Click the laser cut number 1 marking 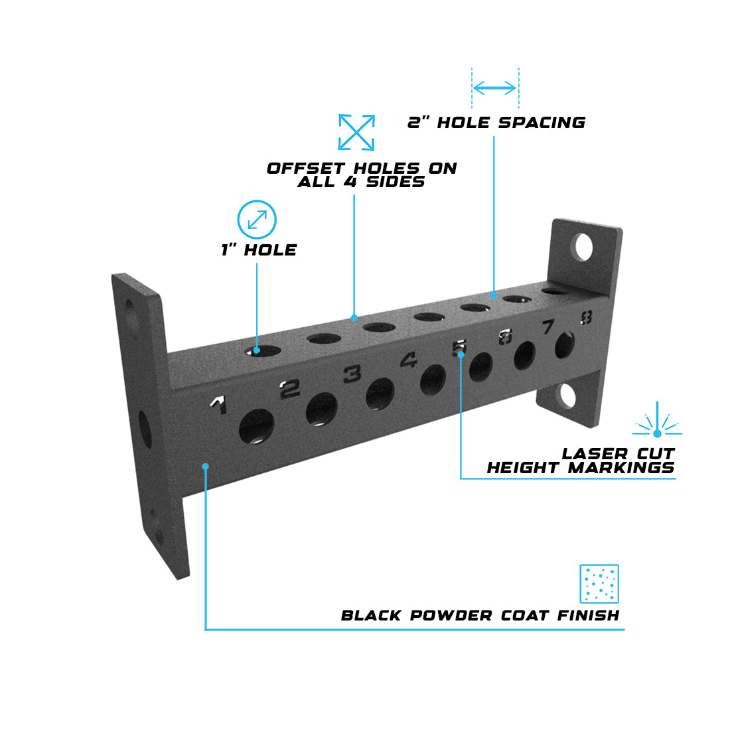[219, 404]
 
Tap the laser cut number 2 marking [289, 389]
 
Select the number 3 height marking [352, 374]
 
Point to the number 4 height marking [409, 360]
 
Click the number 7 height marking [548, 327]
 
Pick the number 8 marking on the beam [586, 317]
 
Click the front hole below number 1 [257, 426]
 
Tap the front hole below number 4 [433, 380]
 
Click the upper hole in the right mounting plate [583, 248]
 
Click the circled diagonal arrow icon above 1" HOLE [257, 220]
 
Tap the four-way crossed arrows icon [356, 132]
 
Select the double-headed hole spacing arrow [494, 88]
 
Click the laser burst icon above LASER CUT [657, 419]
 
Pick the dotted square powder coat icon [599, 584]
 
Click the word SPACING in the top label [542, 123]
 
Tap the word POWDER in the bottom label [451, 615]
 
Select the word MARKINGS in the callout [621, 467]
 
